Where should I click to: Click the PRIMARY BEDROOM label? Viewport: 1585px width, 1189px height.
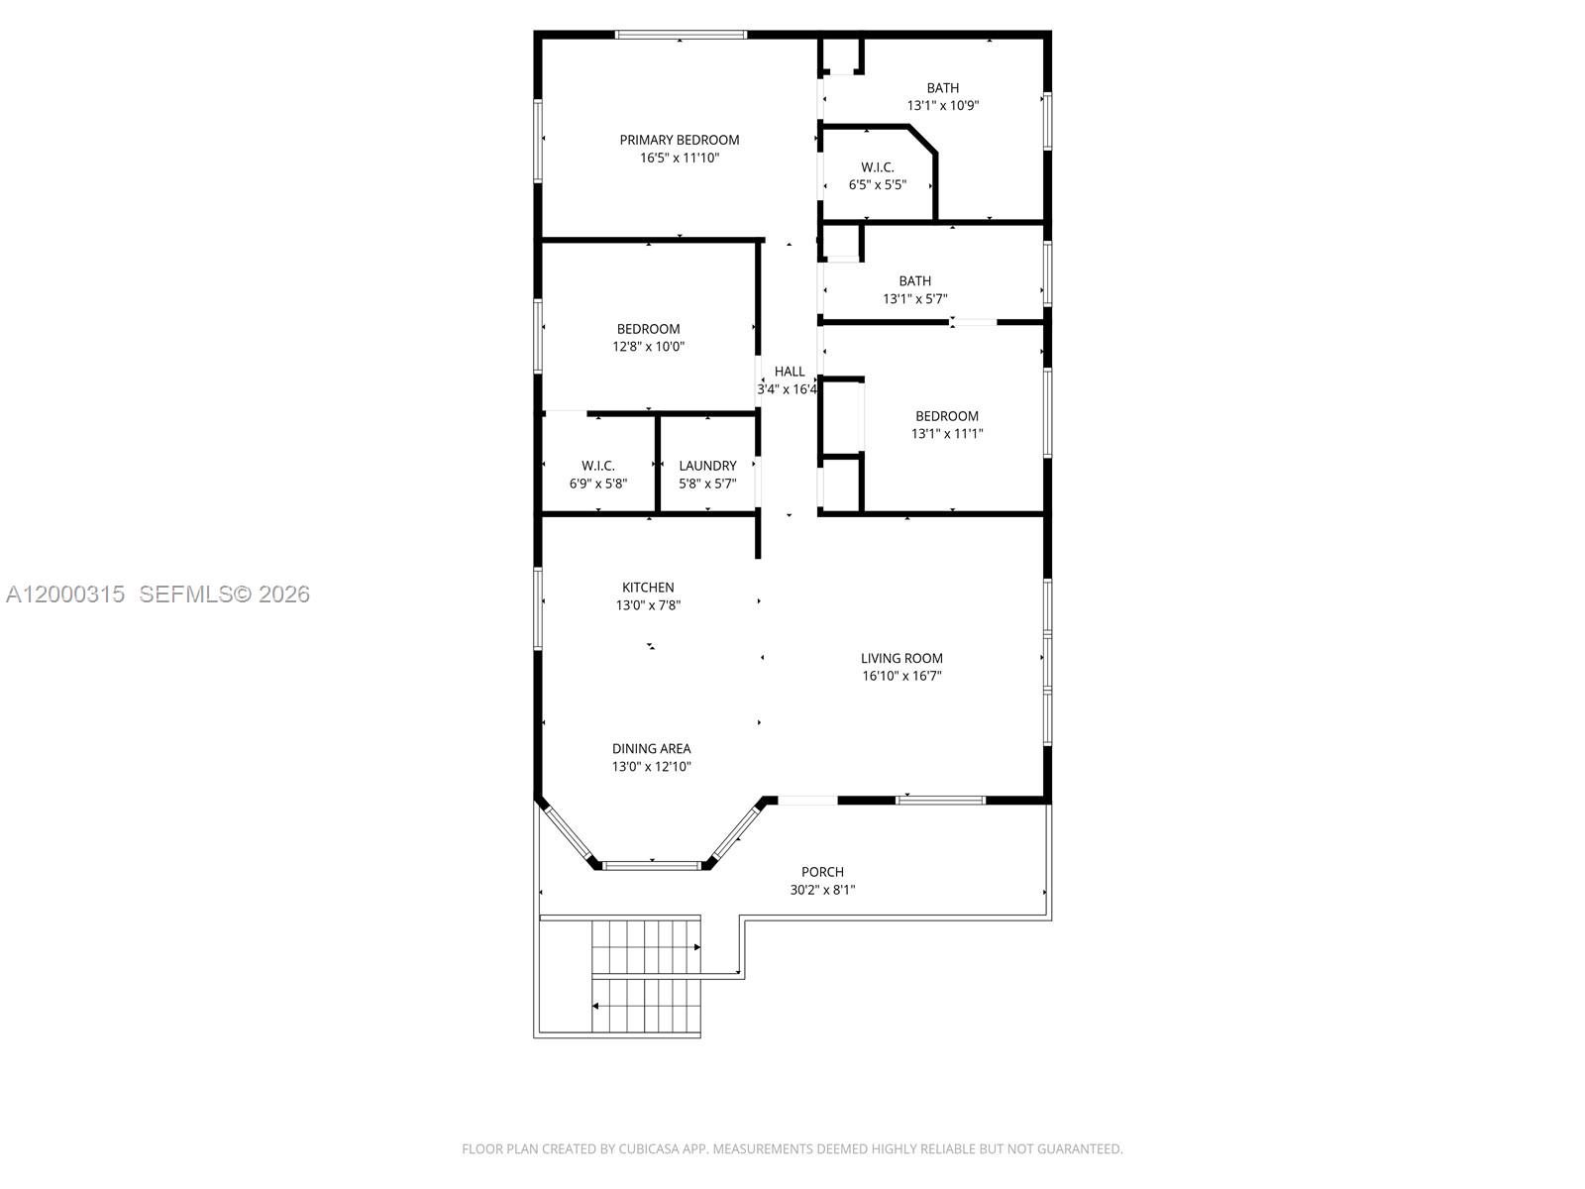click(680, 140)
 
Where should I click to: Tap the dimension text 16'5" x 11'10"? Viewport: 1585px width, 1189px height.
click(680, 158)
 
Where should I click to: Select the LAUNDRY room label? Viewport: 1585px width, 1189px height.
click(707, 466)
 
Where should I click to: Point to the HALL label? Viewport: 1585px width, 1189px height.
click(790, 372)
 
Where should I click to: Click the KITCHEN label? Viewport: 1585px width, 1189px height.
click(648, 588)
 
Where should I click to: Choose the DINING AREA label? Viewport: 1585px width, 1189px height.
click(651, 749)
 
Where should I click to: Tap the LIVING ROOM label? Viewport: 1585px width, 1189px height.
click(901, 658)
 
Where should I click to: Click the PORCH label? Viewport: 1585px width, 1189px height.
click(822, 872)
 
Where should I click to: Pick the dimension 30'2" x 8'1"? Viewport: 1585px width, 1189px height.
click(822, 890)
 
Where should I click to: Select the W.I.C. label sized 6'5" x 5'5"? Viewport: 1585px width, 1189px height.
click(878, 167)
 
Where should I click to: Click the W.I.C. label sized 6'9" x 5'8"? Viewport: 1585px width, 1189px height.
click(598, 466)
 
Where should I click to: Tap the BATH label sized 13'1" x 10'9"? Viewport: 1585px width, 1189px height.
click(943, 88)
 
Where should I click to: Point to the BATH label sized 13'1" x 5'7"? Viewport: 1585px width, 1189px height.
click(915, 281)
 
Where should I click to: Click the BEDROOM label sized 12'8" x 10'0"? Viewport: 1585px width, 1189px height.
click(649, 329)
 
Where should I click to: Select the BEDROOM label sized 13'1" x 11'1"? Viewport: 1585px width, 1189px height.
click(947, 416)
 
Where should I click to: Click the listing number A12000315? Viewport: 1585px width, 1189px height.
click(65, 594)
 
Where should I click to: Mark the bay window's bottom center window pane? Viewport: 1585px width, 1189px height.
click(653, 866)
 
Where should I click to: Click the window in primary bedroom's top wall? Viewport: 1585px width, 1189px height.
click(681, 35)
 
